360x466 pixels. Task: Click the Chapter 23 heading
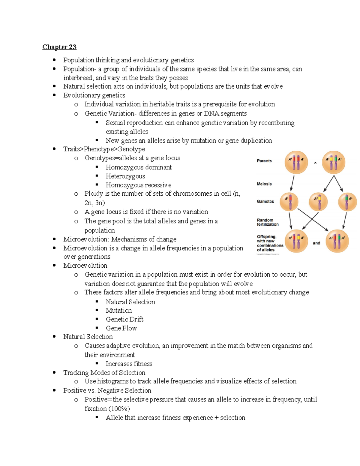(x=59, y=47)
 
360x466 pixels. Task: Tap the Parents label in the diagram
(x=264, y=161)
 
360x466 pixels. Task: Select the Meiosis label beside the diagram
(x=264, y=184)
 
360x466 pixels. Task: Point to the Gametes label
(x=265, y=201)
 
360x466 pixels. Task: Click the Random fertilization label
(x=267, y=222)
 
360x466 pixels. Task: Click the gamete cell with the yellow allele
(x=318, y=202)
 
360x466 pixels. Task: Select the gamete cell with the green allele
(x=347, y=202)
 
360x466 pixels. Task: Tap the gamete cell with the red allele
(x=289, y=202)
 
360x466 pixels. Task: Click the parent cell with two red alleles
(x=296, y=162)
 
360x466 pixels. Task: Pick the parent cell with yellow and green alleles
(x=334, y=162)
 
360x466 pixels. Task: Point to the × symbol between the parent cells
(x=315, y=163)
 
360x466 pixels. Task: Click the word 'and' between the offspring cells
(x=316, y=243)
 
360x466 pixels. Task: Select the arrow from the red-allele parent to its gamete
(x=292, y=183)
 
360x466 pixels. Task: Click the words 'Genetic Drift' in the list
(x=124, y=319)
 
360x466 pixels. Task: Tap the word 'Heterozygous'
(x=125, y=176)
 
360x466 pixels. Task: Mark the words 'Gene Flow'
(x=121, y=328)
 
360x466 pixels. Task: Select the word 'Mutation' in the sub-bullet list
(x=118, y=311)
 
